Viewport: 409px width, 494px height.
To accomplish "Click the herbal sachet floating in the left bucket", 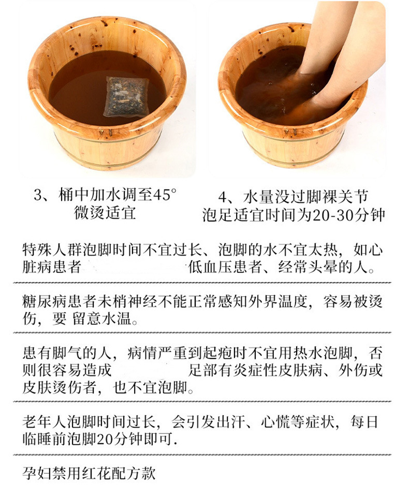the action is [126, 97].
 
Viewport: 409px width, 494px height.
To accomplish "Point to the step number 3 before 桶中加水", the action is [38, 195].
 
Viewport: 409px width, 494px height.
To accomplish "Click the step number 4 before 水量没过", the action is [223, 197].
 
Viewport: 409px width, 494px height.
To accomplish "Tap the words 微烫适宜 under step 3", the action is [105, 213].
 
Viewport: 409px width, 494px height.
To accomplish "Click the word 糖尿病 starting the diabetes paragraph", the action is [45, 301].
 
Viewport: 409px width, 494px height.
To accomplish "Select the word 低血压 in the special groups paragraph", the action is [211, 267].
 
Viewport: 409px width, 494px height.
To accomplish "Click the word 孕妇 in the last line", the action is [37, 473].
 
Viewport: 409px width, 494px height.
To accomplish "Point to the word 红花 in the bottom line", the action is [97, 473].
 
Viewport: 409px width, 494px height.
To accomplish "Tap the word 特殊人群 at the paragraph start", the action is [52, 250].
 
